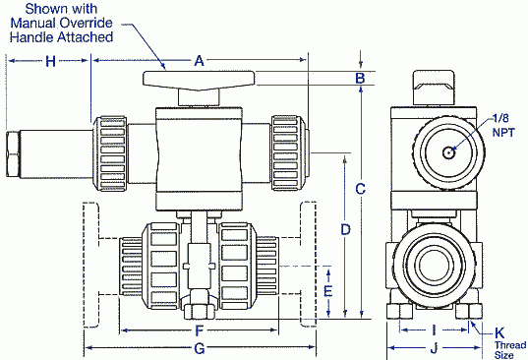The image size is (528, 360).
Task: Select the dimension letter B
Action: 361,78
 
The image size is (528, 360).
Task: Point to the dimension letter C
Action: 361,188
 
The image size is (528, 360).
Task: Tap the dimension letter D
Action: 344,229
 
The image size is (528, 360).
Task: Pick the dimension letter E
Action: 328,292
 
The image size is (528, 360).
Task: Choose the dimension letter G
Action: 199,348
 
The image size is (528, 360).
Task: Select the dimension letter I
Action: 434,330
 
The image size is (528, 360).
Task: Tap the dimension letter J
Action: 434,348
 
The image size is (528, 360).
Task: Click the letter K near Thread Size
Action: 500,332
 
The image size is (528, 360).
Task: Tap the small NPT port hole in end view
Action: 448,151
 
